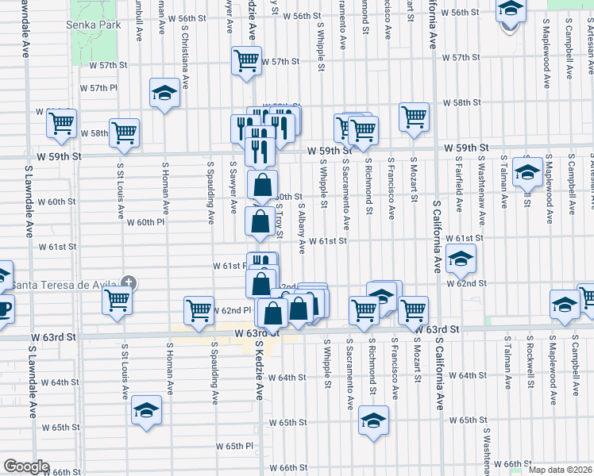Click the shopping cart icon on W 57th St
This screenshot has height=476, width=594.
tap(246, 60)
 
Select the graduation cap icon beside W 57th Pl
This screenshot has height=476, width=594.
tap(164, 94)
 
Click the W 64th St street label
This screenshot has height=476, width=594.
tap(287, 377)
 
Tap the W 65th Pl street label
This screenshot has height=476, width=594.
tap(233, 447)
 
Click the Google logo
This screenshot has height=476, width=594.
tap(26, 466)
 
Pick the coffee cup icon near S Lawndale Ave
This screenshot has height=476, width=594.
tap(3, 307)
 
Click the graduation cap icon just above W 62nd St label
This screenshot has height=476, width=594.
tap(460, 258)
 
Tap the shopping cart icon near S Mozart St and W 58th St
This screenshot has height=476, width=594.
tap(414, 117)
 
